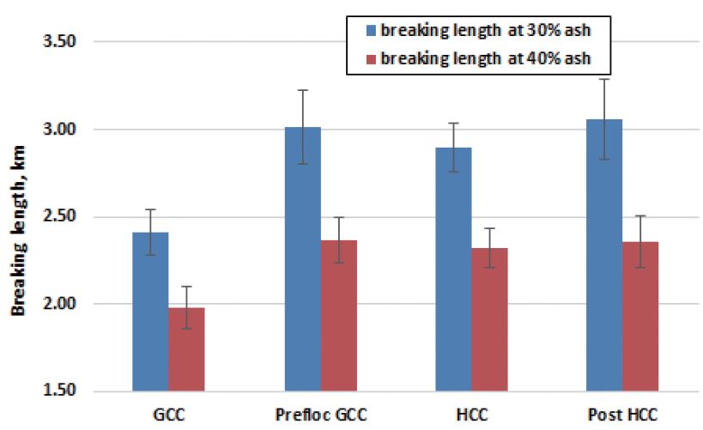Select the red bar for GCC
click(x=186, y=349)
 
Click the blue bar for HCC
click(x=453, y=270)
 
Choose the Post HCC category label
click(x=622, y=415)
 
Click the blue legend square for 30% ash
click(x=371, y=30)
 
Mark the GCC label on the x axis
click(x=168, y=415)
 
